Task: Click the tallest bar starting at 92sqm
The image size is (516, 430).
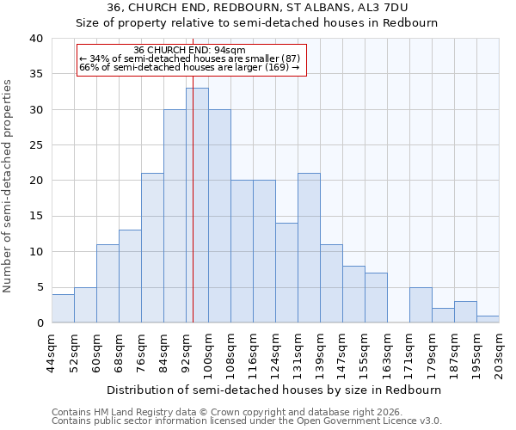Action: coord(197,206)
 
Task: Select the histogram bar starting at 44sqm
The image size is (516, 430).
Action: coord(63,309)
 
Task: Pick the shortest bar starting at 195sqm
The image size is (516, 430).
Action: coord(488,319)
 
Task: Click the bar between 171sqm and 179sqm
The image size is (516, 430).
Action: coord(421,305)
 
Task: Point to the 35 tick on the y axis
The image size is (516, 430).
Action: coord(38,75)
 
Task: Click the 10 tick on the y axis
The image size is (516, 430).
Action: coord(38,252)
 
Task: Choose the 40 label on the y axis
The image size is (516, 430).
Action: coord(38,39)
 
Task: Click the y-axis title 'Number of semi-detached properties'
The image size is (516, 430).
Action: coord(9,186)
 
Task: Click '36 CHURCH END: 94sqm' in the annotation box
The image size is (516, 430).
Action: coord(190,50)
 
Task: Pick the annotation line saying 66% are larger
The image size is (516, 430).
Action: coord(189,67)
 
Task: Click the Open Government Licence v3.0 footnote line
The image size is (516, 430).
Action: coord(247,421)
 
